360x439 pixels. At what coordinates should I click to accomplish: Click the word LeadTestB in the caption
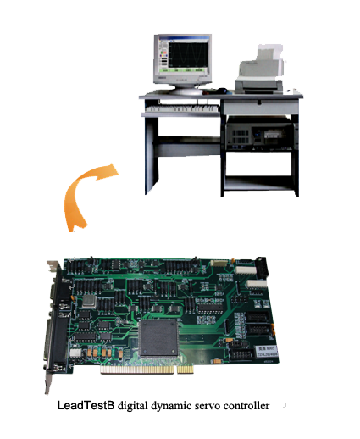click(86, 406)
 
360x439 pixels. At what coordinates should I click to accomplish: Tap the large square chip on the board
click(158, 338)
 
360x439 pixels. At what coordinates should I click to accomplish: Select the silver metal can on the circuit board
click(90, 302)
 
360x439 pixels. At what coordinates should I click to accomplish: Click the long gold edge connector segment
click(137, 370)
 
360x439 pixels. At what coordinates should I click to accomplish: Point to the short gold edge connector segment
click(186, 369)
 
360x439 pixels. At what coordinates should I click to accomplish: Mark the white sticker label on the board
click(267, 351)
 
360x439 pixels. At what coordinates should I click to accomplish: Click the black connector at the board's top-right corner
click(262, 268)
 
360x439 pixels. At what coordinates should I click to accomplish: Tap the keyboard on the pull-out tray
click(182, 108)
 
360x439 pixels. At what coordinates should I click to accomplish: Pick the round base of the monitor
click(186, 91)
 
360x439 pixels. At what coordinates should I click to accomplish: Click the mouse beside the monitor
click(222, 91)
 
